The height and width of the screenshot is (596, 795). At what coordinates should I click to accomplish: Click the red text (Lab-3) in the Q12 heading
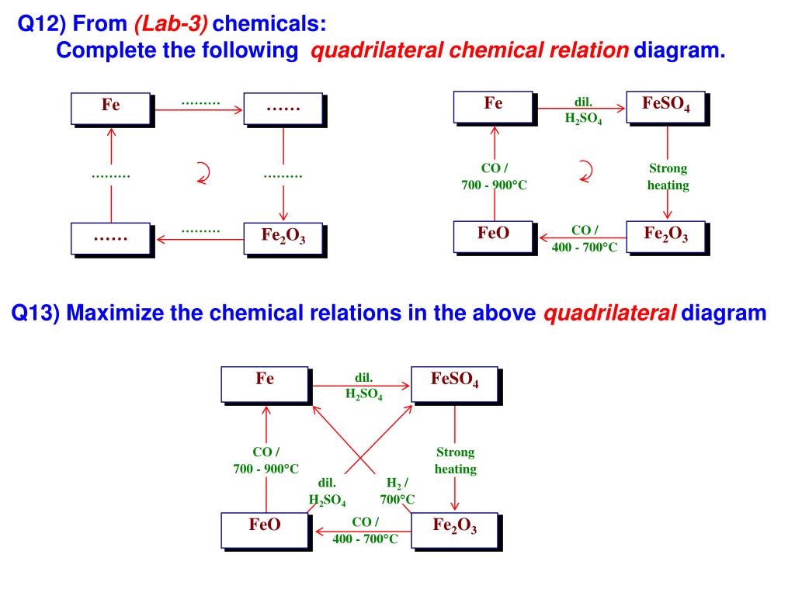(171, 24)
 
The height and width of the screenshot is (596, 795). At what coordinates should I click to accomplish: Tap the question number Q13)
(36, 314)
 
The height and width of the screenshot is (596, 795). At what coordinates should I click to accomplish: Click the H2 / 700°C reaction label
(397, 490)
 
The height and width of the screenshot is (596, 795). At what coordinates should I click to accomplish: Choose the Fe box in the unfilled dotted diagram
(111, 108)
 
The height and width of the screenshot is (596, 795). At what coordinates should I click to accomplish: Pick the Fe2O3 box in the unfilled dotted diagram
(283, 237)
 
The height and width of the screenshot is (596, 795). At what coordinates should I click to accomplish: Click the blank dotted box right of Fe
(283, 108)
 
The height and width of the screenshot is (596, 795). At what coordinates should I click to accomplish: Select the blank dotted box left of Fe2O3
(111, 237)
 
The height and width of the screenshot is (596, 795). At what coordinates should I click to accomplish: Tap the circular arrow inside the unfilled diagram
(203, 173)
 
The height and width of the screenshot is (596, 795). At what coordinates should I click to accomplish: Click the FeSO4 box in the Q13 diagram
(454, 383)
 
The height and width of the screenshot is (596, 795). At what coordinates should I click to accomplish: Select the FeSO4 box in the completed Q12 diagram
(667, 106)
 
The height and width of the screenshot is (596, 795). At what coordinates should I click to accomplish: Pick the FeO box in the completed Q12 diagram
(494, 236)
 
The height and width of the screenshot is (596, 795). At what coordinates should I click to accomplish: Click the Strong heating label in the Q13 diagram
(455, 461)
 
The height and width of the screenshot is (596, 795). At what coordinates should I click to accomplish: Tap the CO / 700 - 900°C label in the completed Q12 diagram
(494, 177)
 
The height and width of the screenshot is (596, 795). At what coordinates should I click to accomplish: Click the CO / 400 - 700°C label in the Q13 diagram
(365, 530)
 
